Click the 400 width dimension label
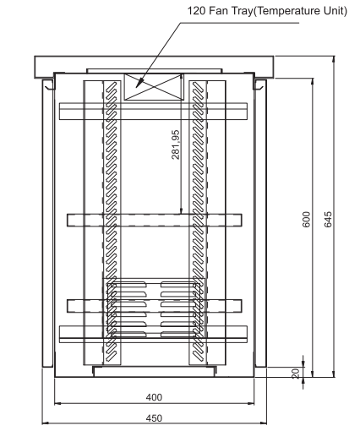(x=153, y=396)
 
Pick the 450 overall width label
(x=153, y=417)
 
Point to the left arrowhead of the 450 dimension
(x=46, y=423)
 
